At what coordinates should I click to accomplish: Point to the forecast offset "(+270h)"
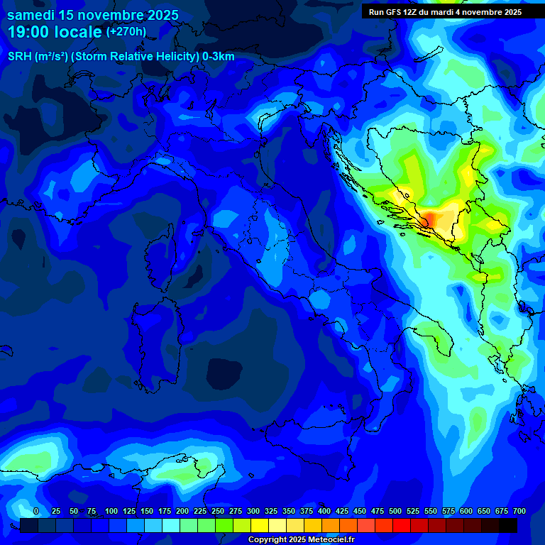point(126,32)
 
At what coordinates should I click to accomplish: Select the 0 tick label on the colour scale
point(36,511)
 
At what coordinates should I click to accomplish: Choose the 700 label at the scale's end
point(519,511)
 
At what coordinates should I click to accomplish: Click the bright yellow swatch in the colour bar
point(260,526)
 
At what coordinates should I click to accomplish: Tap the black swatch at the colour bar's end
point(508,526)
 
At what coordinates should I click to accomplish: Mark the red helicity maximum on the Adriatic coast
point(426,221)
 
